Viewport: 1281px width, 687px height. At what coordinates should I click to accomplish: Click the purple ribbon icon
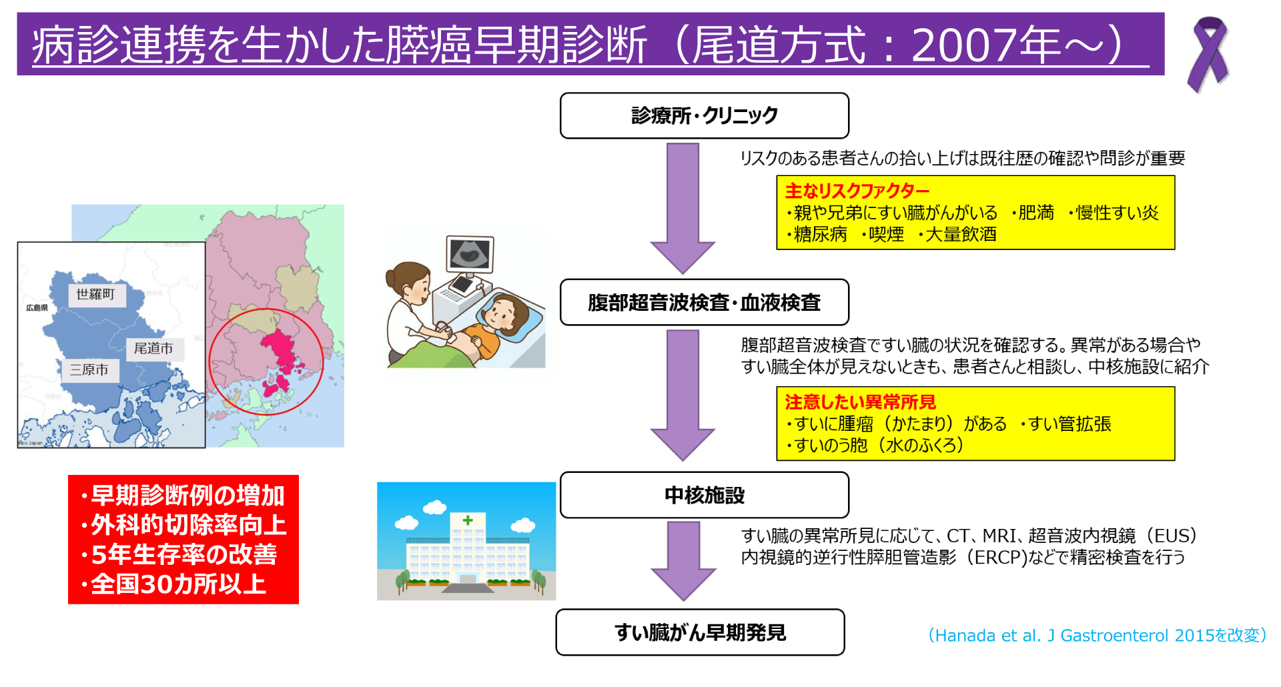tap(1208, 53)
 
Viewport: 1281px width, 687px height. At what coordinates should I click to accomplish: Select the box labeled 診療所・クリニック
tap(704, 115)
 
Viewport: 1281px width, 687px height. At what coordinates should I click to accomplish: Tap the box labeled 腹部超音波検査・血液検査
tap(704, 302)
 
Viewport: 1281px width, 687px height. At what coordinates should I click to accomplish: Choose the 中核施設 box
tap(704, 495)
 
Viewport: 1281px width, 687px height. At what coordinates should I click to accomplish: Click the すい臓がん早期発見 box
tap(700, 632)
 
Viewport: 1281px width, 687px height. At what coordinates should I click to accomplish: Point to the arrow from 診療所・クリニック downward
tap(683, 207)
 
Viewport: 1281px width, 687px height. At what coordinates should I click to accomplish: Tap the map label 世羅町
tap(95, 294)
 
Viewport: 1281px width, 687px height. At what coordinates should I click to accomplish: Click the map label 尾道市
tap(153, 348)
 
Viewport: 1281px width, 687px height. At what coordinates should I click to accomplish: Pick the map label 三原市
tap(89, 370)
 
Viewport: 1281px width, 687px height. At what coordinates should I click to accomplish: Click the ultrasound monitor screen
tap(470, 253)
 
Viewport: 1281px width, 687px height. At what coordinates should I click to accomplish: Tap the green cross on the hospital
tap(468, 520)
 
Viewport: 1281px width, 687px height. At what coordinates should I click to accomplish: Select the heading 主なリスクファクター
tap(857, 191)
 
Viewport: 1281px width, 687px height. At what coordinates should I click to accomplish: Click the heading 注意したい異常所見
tap(860, 402)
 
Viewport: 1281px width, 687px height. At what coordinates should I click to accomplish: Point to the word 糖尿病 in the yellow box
tap(820, 234)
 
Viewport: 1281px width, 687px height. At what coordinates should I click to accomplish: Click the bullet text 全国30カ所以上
tap(178, 584)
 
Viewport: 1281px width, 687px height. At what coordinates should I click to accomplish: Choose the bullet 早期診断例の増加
tap(187, 496)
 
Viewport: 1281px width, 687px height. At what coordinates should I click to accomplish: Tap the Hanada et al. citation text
tap(1097, 635)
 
